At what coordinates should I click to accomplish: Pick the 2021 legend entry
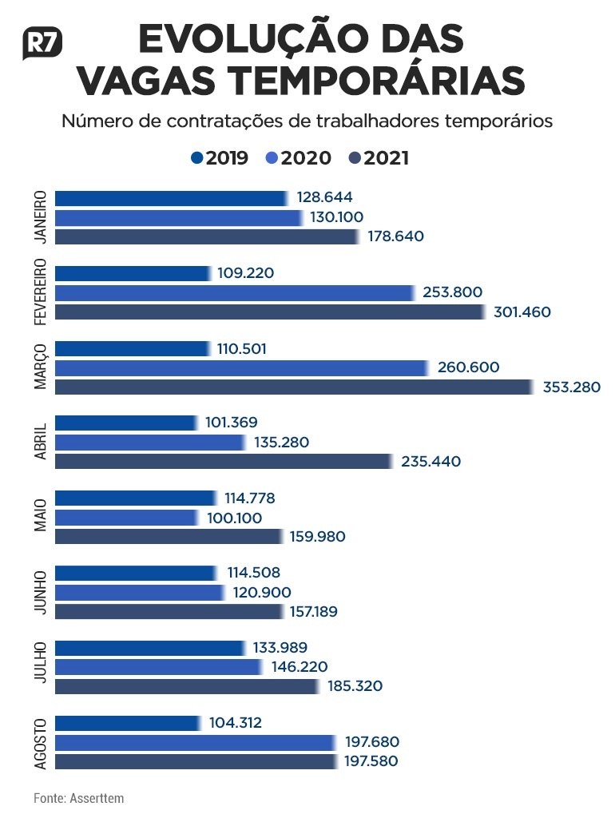click(379, 158)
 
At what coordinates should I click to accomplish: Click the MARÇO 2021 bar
click(292, 387)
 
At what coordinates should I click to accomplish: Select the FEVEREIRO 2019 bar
click(133, 273)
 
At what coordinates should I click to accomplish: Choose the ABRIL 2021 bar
click(223, 462)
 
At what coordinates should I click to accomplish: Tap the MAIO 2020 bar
click(126, 518)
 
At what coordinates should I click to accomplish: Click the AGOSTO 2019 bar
click(127, 723)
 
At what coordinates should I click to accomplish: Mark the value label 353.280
click(571, 387)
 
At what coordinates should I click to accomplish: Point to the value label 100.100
click(240, 518)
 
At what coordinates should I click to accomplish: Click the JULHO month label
click(41, 667)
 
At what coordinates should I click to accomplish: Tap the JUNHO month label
click(41, 592)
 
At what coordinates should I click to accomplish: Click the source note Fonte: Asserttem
click(78, 798)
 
